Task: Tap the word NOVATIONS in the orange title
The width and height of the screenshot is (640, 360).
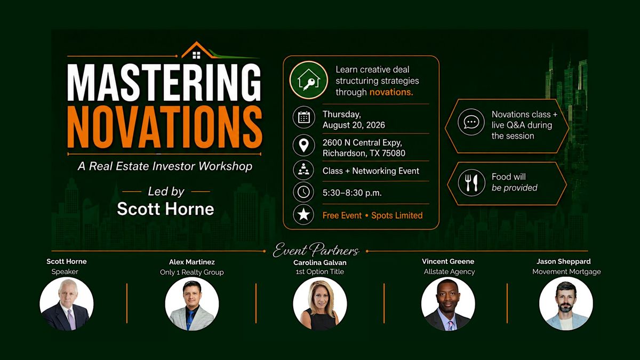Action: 165,127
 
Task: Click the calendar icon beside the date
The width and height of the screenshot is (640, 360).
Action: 303,117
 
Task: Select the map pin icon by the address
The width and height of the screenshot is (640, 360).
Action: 303,145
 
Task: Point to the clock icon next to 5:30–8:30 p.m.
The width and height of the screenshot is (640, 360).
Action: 303,192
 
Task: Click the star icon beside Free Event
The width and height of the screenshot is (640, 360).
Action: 303,214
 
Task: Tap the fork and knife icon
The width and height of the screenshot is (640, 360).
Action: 471,183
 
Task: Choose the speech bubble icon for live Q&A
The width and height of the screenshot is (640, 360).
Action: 471,122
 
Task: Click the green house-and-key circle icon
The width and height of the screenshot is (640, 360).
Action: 309,80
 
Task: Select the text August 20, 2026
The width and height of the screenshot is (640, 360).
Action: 354,125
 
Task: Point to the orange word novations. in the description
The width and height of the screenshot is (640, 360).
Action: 391,92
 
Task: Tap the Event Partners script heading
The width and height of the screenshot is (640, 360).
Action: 316,250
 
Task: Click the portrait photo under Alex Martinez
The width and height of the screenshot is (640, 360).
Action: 192,303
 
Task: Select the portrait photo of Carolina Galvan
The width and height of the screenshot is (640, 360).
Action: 319,303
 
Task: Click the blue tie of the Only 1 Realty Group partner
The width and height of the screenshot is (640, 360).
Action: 190,320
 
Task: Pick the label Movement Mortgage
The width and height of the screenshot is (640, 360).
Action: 566,271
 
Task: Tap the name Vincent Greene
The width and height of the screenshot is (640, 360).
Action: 448,261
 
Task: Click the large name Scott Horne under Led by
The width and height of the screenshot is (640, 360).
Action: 165,209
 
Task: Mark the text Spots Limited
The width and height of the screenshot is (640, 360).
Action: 397,215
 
